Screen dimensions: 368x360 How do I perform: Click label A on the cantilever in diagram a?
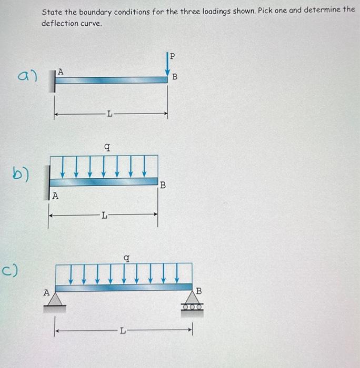[x=61, y=72]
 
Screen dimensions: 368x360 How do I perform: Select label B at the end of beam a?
[x=175, y=77]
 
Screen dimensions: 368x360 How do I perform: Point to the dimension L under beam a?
[x=109, y=114]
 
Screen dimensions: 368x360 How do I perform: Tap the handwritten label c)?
[x=13, y=271]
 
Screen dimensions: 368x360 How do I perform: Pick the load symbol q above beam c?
[x=126, y=258]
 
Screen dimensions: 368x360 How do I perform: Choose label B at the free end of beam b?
[x=163, y=185]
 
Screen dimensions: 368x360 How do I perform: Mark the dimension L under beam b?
[x=104, y=214]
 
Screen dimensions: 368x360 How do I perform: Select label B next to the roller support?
[x=198, y=291]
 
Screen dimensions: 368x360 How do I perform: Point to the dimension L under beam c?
[x=123, y=331]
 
